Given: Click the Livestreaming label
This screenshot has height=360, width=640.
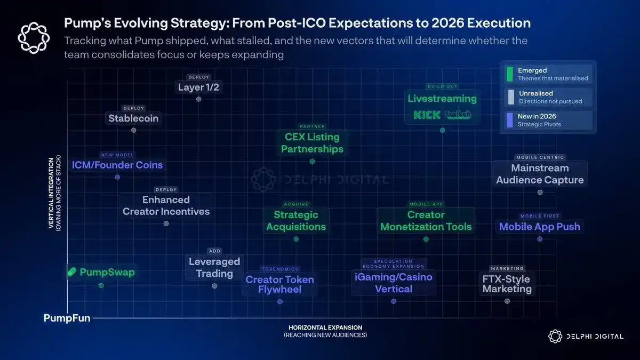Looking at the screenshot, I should click(442, 99).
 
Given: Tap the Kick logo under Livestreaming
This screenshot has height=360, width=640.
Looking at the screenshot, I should click(427, 115).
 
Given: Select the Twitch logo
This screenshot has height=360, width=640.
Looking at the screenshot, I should click(458, 115).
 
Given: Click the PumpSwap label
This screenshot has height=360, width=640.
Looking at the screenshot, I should click(107, 273).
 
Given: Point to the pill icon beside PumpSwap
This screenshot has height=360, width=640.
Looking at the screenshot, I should click(73, 273).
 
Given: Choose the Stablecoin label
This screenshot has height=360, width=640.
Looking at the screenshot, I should click(133, 118).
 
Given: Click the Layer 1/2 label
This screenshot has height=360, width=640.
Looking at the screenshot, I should click(198, 87).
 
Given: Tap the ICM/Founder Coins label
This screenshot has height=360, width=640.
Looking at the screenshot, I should click(117, 165).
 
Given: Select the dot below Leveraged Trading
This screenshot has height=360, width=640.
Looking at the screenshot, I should click(214, 286).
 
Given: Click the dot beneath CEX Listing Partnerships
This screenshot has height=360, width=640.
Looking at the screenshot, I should click(312, 161).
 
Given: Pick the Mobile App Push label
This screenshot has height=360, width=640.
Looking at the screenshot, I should click(540, 227).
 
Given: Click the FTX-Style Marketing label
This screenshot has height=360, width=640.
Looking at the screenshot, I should click(507, 284).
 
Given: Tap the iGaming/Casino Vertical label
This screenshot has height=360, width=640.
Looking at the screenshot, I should click(394, 283).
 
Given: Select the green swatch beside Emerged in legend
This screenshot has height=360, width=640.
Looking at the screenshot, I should click(510, 74).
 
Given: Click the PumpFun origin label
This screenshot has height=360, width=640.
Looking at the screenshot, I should click(67, 318).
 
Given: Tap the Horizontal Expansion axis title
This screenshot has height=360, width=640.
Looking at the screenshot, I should click(325, 327).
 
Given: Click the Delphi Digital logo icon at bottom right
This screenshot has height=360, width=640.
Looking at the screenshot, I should click(555, 336).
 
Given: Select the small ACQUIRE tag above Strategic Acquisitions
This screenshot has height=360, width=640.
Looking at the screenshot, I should click(297, 204).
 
